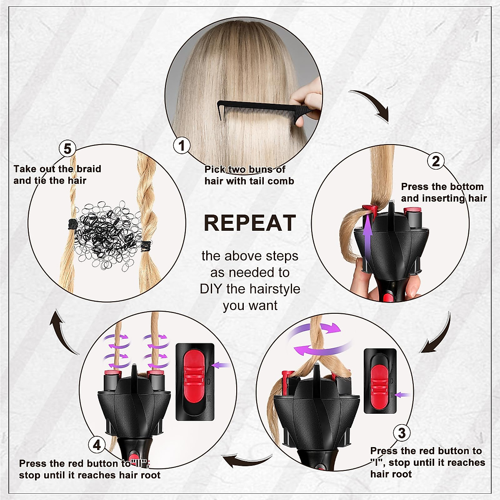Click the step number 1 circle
pos(182,145)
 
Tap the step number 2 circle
pos(436,161)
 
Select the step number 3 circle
pos(402,433)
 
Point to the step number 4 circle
pos(97,445)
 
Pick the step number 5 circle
pos(67,149)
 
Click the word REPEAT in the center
pos(250,223)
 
